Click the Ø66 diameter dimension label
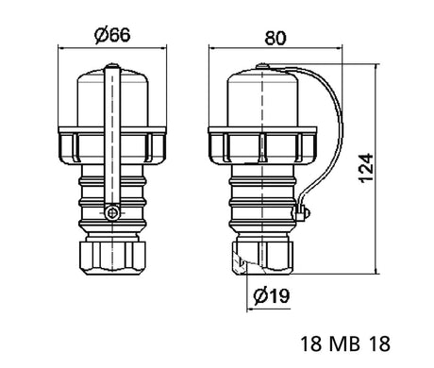pyautogui.click(x=112, y=35)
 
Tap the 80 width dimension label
pyautogui.click(x=275, y=38)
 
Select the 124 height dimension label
pyautogui.click(x=366, y=168)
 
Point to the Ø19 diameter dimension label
pyautogui.click(x=272, y=295)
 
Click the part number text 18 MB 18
pyautogui.click(x=345, y=343)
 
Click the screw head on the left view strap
pyautogui.click(x=112, y=213)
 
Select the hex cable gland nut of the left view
pyautogui.click(x=112, y=258)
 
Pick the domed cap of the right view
pyautogui.click(x=262, y=98)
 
